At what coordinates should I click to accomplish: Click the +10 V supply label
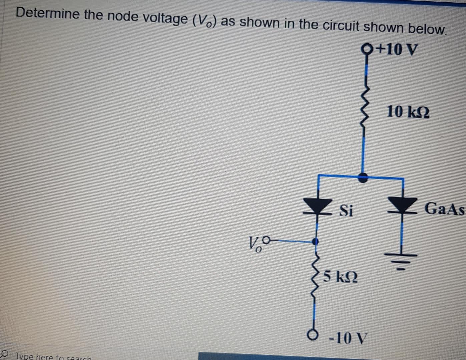pyautogui.click(x=397, y=50)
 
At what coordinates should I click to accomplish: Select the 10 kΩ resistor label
pyautogui.click(x=408, y=112)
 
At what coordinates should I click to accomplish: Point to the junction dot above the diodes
pyautogui.click(x=363, y=177)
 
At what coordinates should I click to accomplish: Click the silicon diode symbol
pyautogui.click(x=317, y=206)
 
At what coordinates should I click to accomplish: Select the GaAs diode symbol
pyautogui.click(x=402, y=205)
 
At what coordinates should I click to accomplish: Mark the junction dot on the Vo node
pyautogui.click(x=315, y=241)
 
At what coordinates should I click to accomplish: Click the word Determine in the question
pyautogui.click(x=48, y=13)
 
